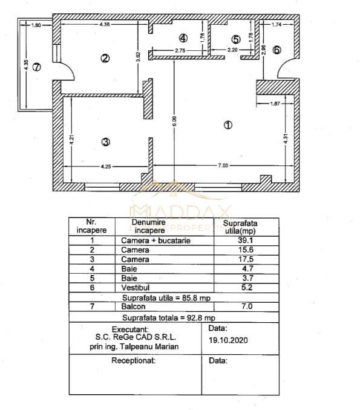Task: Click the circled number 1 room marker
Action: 227,125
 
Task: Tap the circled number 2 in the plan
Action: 105,59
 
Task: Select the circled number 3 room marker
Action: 105,142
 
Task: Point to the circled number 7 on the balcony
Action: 36,67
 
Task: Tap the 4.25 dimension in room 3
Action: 105,165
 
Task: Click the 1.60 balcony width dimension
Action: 36,25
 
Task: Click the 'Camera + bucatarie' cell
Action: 148,240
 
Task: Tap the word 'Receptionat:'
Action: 134,360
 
